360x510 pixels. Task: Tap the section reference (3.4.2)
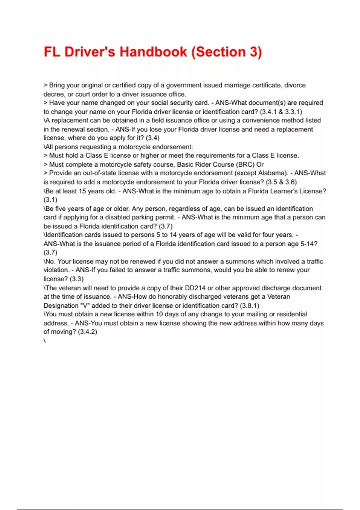click(x=87, y=332)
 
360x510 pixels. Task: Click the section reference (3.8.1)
click(x=250, y=306)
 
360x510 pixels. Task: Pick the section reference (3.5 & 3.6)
click(x=281, y=182)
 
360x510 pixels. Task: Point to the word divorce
click(x=295, y=85)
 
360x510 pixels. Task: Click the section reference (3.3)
click(x=76, y=279)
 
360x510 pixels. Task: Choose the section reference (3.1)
click(x=50, y=200)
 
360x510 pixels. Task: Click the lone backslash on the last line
click(x=45, y=341)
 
